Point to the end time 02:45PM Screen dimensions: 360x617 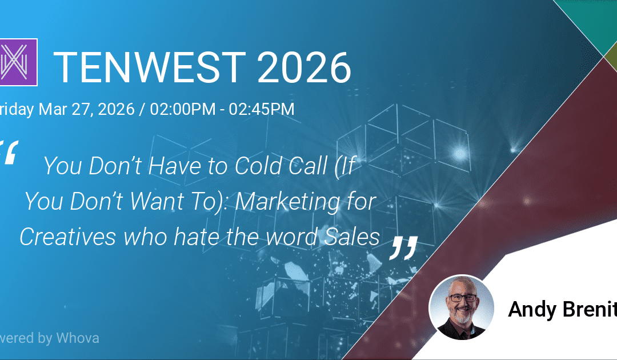[x=262, y=109]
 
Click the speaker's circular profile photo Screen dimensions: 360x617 [x=461, y=307]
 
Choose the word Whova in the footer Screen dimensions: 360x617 [x=78, y=338]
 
